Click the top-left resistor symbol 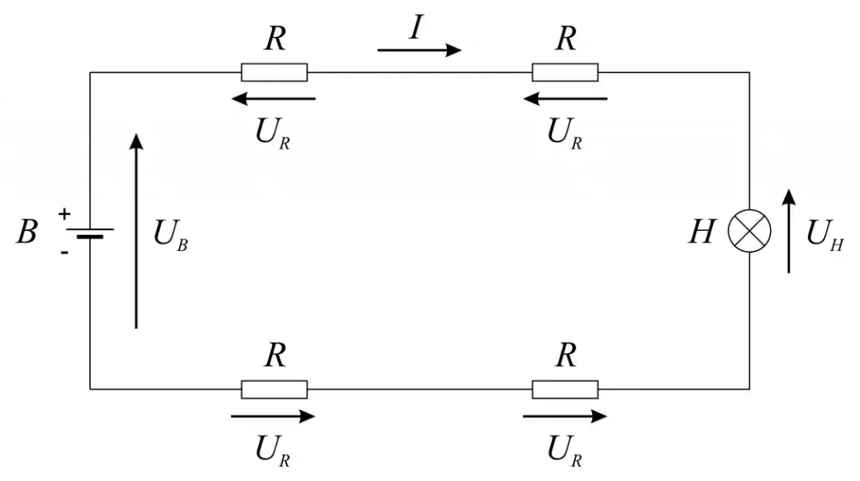pyautogui.click(x=275, y=72)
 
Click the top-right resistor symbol pyautogui.click(x=565, y=72)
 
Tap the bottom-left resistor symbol pyautogui.click(x=275, y=390)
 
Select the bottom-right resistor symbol pyautogui.click(x=565, y=390)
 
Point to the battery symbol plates pyautogui.click(x=90, y=232)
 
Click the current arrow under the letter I pyautogui.click(x=419, y=50)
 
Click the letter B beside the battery pyautogui.click(x=27, y=232)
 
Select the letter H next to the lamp pyautogui.click(x=701, y=232)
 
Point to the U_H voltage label pyautogui.click(x=824, y=233)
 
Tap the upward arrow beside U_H pyautogui.click(x=788, y=230)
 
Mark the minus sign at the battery pyautogui.click(x=64, y=249)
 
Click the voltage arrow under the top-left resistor pyautogui.click(x=274, y=99)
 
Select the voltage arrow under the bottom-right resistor pyautogui.click(x=564, y=416)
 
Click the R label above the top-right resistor pyautogui.click(x=566, y=39)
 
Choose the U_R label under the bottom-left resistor pyautogui.click(x=274, y=451)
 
